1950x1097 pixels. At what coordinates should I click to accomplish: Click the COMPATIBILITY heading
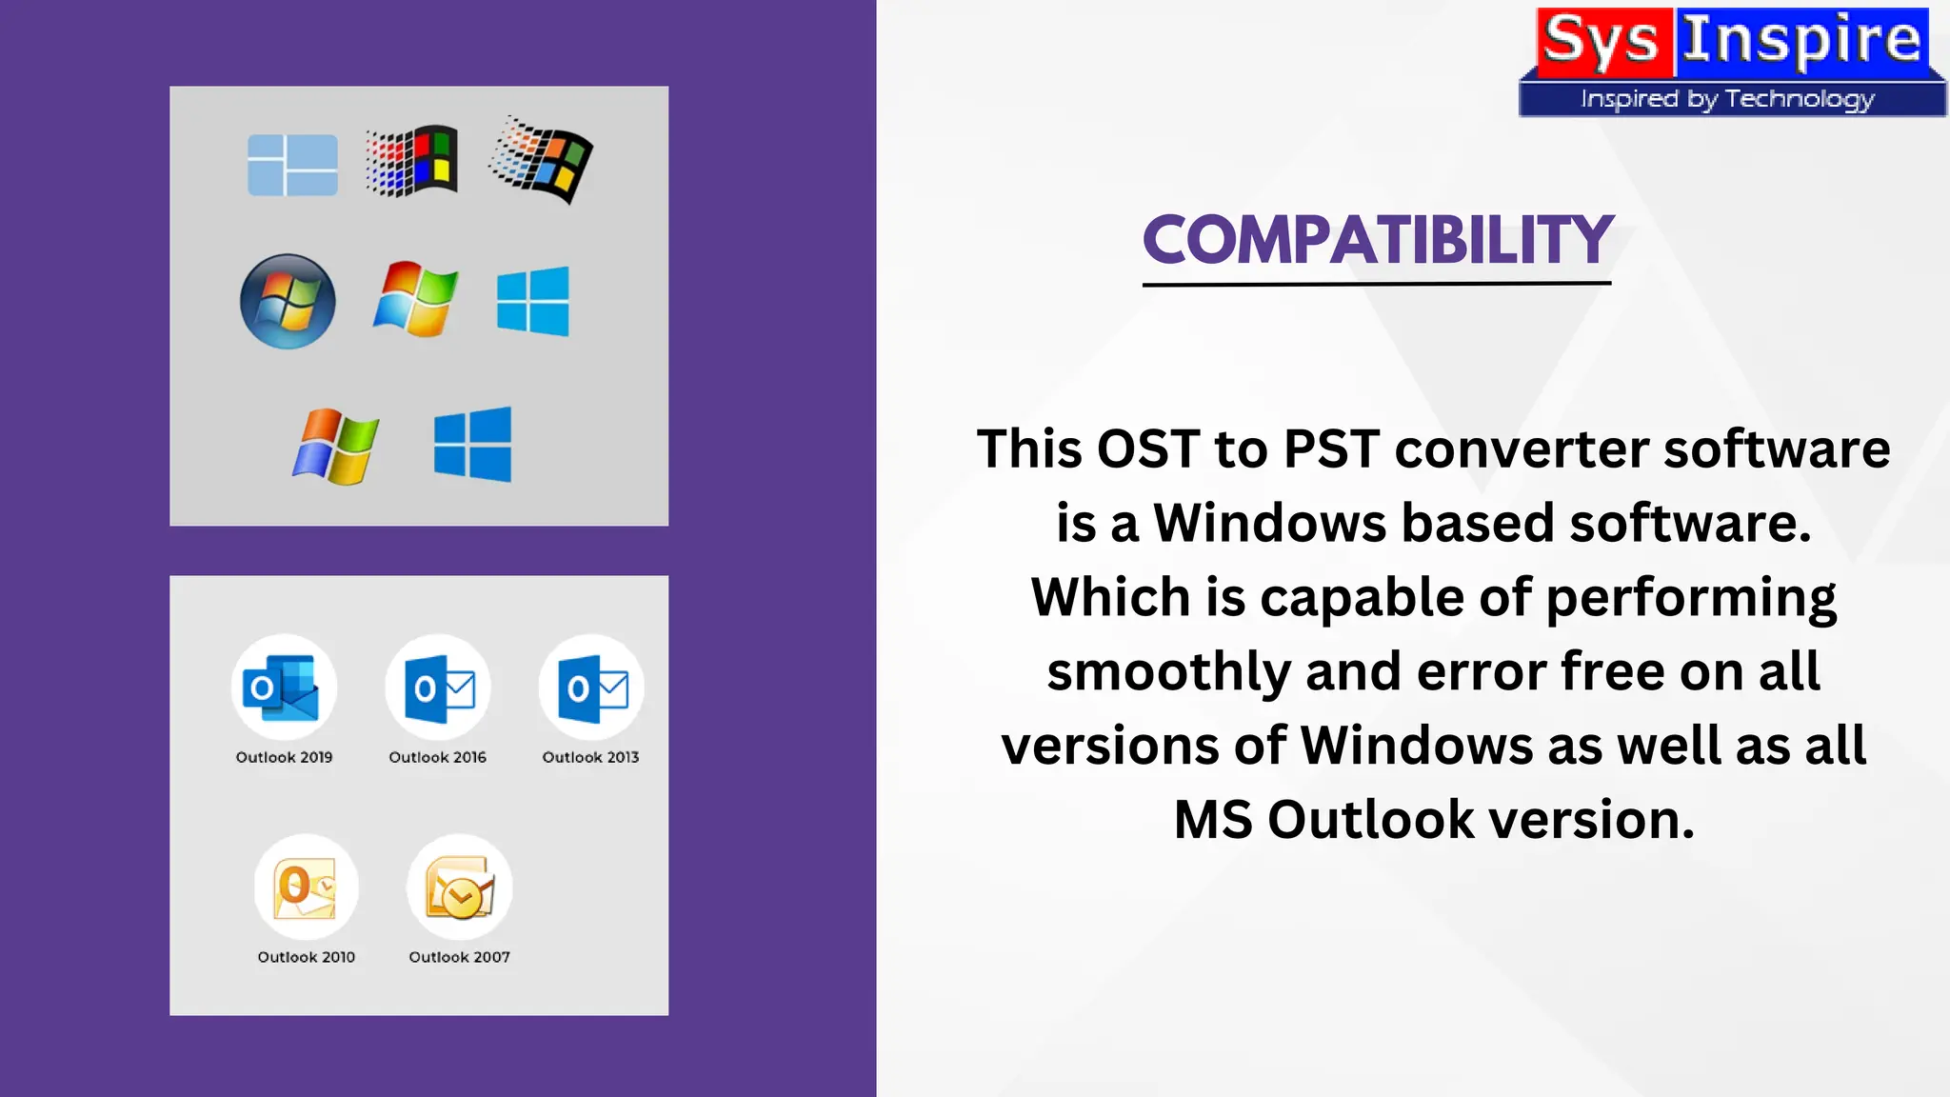[1377, 240]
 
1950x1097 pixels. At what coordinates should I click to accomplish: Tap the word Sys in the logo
[1601, 42]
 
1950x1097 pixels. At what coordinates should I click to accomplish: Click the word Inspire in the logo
[1801, 42]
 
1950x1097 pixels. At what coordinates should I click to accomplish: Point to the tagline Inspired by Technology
[1727, 99]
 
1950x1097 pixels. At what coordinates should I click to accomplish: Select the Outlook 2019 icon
[284, 688]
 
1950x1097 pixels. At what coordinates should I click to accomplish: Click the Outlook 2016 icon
[438, 688]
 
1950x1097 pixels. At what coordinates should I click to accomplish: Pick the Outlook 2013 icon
[591, 688]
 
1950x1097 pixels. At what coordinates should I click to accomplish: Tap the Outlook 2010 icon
[306, 888]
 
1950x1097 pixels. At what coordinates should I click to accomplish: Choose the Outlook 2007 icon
[460, 888]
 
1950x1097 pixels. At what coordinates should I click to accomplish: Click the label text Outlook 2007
[460, 957]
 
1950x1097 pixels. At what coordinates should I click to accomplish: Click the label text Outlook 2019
[284, 757]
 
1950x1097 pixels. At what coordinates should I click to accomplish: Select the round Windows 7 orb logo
[288, 301]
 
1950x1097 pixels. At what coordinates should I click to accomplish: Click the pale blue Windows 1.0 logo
[292, 165]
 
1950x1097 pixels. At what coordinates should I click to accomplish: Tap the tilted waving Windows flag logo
[541, 160]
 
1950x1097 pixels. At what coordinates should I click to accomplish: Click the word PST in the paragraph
[1331, 449]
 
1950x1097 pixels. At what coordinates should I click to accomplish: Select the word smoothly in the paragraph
[1168, 671]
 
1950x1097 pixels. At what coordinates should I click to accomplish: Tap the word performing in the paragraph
[1691, 599]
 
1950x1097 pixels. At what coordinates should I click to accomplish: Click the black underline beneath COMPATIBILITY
[1377, 283]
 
